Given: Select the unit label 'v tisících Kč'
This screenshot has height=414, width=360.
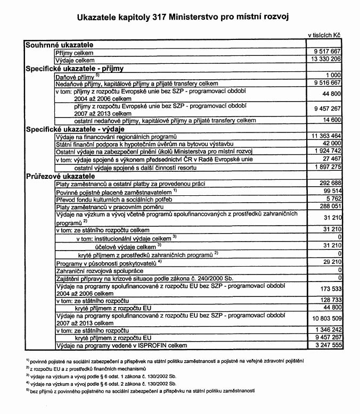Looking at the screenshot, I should tap(324, 35).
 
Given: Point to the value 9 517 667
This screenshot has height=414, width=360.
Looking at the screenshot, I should tap(327, 53).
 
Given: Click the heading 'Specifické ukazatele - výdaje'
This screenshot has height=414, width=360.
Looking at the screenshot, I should tap(75, 129).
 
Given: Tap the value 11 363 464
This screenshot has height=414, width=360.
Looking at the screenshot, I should tap(325, 136).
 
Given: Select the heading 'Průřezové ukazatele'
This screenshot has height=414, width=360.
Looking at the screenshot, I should tap(60, 175).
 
